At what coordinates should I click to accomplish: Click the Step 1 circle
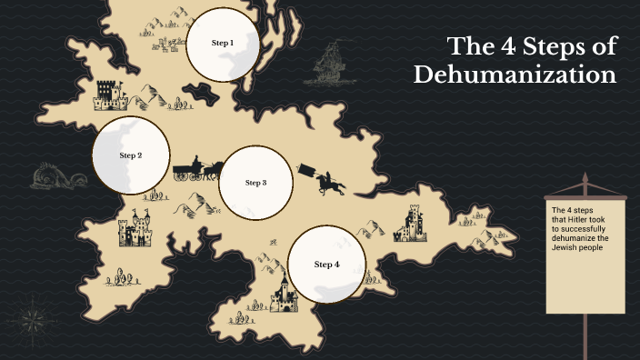223,43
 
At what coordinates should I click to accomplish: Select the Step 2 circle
132,155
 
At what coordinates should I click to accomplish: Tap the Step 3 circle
256,182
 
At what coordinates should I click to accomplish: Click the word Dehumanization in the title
515,75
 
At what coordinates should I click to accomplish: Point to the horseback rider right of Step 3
330,183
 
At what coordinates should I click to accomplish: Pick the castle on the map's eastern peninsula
412,224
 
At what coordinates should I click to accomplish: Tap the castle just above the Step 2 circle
109,95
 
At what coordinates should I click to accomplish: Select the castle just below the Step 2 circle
135,230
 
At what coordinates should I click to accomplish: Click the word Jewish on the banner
566,248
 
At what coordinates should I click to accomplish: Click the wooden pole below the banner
582,336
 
